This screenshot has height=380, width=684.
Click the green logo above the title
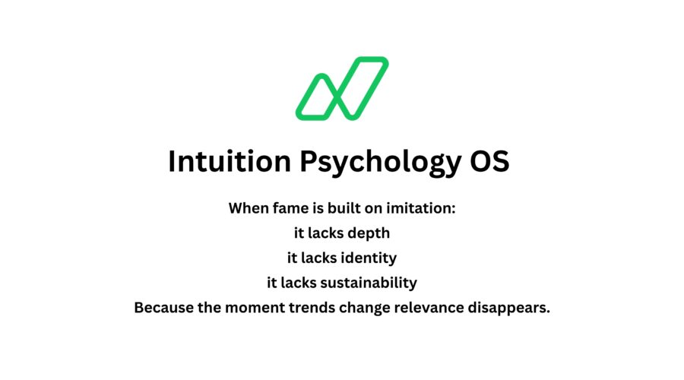point(342,88)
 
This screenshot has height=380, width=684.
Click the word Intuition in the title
point(226,163)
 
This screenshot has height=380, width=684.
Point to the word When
point(249,208)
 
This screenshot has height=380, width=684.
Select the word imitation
point(421,208)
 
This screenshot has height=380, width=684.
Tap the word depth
point(369,233)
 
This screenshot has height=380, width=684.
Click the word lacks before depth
point(328,233)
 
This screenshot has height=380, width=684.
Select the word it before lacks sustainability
point(272,283)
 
